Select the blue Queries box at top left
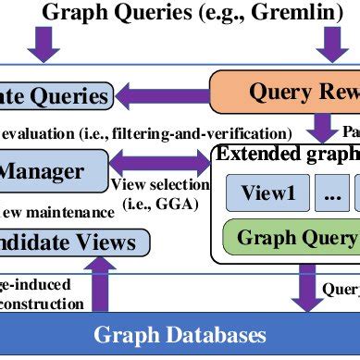(x=56, y=95)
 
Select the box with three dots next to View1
(x=329, y=193)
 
